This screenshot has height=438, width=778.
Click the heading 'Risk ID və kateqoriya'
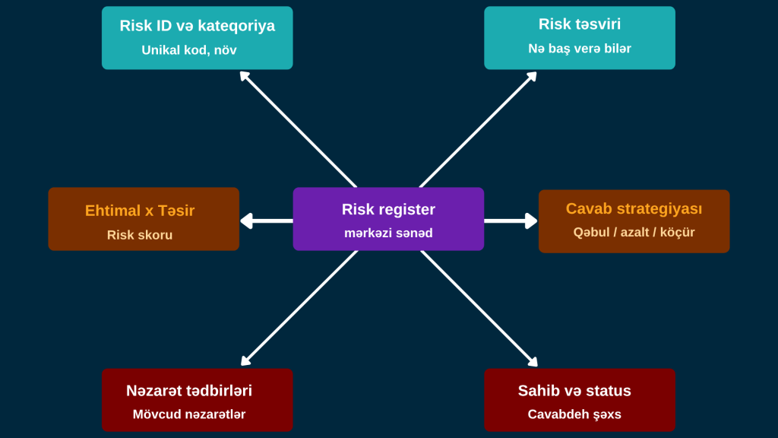(197, 26)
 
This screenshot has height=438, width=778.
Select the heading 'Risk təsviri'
(580, 24)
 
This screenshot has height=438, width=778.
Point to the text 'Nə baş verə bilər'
(580, 49)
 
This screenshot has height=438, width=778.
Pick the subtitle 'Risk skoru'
(140, 235)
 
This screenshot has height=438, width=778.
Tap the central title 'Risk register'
(388, 209)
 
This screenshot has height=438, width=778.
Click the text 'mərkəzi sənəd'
(388, 233)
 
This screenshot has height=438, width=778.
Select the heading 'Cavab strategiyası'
(634, 208)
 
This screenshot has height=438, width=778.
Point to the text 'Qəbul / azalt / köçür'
(634, 233)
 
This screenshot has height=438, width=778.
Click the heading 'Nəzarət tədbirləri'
(189, 391)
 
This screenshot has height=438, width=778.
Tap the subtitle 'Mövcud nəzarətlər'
(189, 414)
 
